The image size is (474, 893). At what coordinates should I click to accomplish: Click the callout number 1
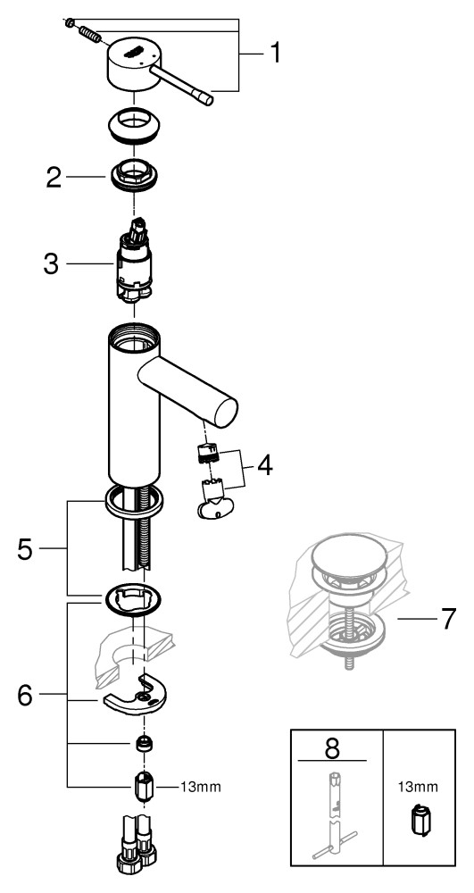(274, 54)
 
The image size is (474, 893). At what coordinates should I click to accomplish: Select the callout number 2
(54, 179)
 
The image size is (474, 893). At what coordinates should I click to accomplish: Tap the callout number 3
(51, 264)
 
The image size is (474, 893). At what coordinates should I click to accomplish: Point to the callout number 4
(264, 465)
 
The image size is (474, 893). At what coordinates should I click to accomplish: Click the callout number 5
(25, 550)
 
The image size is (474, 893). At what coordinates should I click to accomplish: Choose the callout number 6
(25, 696)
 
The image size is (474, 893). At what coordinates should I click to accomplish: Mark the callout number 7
(448, 619)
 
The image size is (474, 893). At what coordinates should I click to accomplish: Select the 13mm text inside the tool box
(419, 788)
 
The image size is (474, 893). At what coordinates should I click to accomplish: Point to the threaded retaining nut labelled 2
(133, 175)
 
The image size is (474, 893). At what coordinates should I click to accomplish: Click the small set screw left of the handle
(70, 23)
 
